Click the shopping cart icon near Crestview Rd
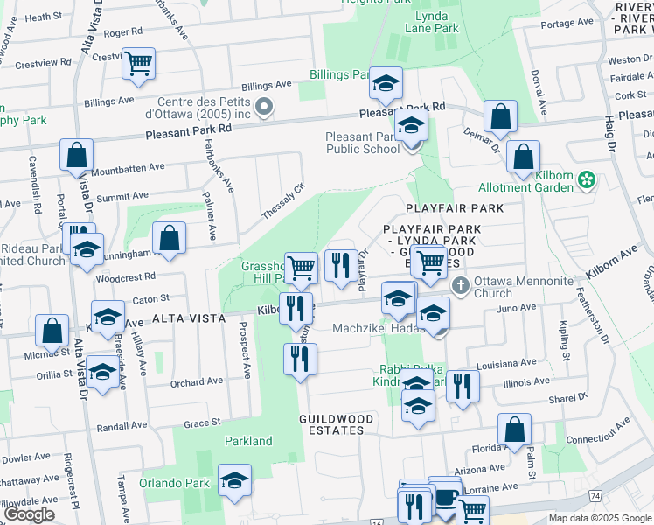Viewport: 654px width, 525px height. click(x=138, y=65)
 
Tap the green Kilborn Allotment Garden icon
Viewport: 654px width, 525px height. click(x=587, y=181)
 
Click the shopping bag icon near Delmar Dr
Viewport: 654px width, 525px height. click(x=500, y=117)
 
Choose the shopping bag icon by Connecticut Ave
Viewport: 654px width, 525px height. click(x=514, y=430)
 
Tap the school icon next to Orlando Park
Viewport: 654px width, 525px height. click(x=234, y=481)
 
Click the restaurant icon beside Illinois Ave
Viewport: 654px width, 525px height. click(x=463, y=386)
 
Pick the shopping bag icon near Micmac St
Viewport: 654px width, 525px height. click(x=52, y=332)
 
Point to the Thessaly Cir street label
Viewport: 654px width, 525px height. click(x=283, y=202)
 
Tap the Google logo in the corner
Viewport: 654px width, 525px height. click(x=29, y=514)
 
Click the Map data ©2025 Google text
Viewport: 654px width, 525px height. click(x=600, y=518)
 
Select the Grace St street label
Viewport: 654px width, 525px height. click(x=202, y=423)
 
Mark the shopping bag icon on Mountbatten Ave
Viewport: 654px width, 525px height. click(x=77, y=156)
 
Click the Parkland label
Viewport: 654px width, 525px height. click(x=249, y=441)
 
